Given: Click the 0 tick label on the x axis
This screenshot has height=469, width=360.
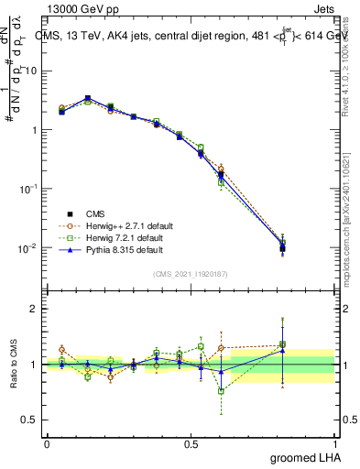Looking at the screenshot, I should [47, 443].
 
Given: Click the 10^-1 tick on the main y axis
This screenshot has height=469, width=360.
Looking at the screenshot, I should [29, 189].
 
